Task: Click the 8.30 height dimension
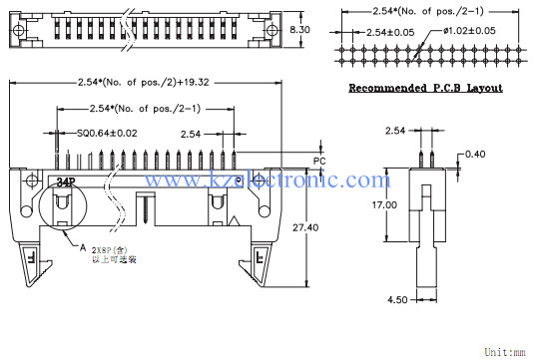click(x=298, y=31)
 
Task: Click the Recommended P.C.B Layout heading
click(x=425, y=88)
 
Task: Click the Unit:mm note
click(x=507, y=352)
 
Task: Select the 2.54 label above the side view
click(x=395, y=131)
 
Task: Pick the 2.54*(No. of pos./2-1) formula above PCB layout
click(x=424, y=10)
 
